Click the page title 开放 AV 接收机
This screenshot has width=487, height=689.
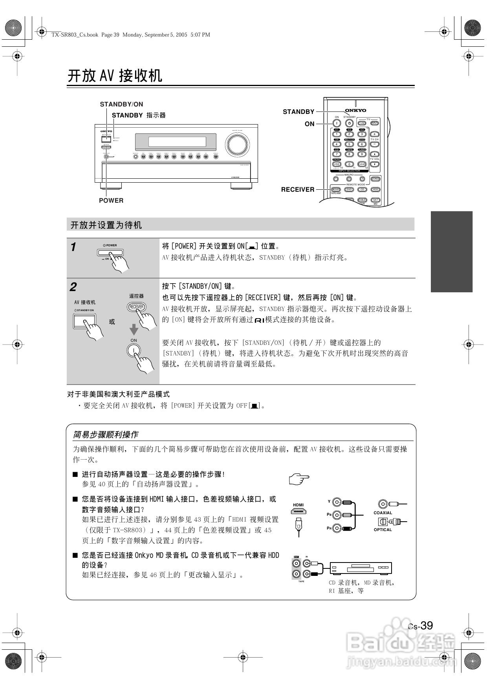click(115, 76)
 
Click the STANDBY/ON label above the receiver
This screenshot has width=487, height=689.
click(121, 104)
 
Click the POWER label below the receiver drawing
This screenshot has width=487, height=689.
click(111, 200)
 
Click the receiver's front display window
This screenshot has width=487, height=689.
click(176, 141)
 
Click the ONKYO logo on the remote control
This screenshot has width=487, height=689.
click(355, 110)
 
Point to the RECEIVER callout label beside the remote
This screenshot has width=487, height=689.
click(298, 189)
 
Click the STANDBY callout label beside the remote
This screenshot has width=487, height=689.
click(298, 112)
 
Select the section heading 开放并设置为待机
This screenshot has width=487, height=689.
click(106, 225)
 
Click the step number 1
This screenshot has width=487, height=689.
click(73, 247)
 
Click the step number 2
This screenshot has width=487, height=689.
click(73, 287)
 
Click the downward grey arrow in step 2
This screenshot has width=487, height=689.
click(134, 329)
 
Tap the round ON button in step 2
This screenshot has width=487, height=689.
click(134, 350)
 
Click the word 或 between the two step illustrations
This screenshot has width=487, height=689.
click(112, 322)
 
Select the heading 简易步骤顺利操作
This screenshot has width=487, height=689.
click(106, 434)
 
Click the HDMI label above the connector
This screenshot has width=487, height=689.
click(298, 505)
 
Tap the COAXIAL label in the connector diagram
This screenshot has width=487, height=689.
click(383, 513)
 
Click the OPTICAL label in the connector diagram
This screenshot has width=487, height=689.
click(383, 530)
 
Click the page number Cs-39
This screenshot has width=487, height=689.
click(420, 625)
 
